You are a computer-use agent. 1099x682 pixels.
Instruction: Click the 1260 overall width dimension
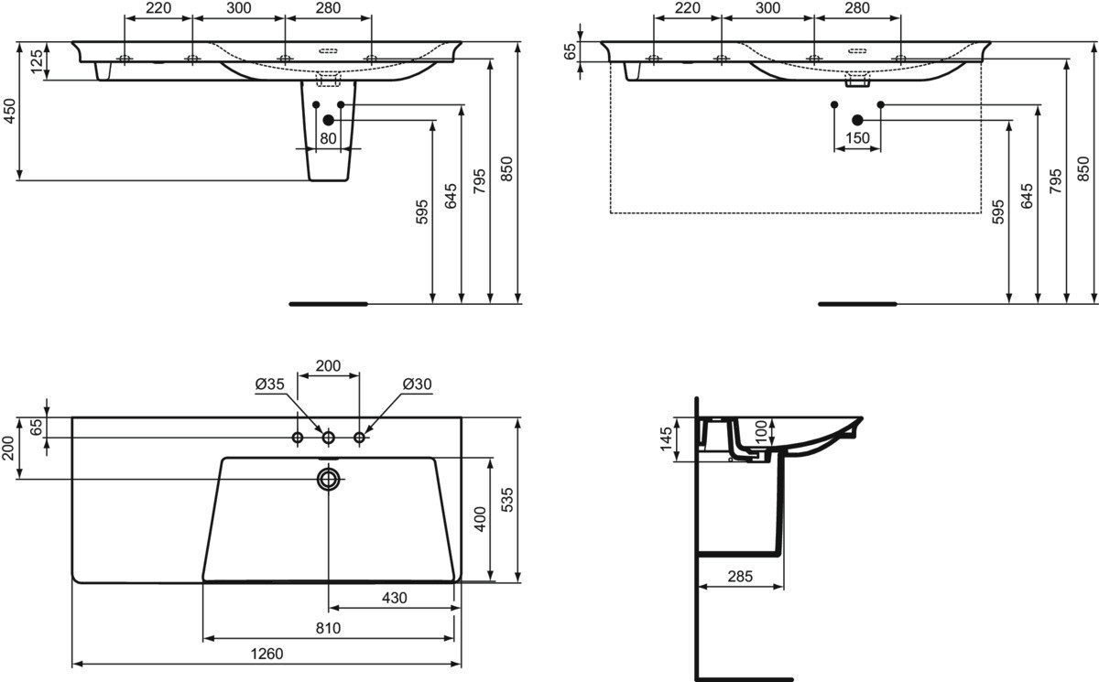[x=267, y=654]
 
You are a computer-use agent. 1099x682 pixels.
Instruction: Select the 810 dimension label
[x=328, y=628]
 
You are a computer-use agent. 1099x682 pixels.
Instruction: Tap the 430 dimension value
[x=395, y=598]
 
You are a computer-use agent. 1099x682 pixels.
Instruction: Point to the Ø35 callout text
[x=270, y=384]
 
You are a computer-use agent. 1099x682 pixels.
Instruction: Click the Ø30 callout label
[x=417, y=384]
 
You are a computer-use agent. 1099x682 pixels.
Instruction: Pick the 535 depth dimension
[x=507, y=500]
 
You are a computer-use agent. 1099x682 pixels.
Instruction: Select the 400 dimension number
[x=480, y=519]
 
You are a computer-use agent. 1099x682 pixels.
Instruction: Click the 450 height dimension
[x=9, y=112]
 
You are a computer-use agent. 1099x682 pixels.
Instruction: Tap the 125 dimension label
[x=38, y=61]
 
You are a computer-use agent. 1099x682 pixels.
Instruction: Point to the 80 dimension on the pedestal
[x=328, y=139]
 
